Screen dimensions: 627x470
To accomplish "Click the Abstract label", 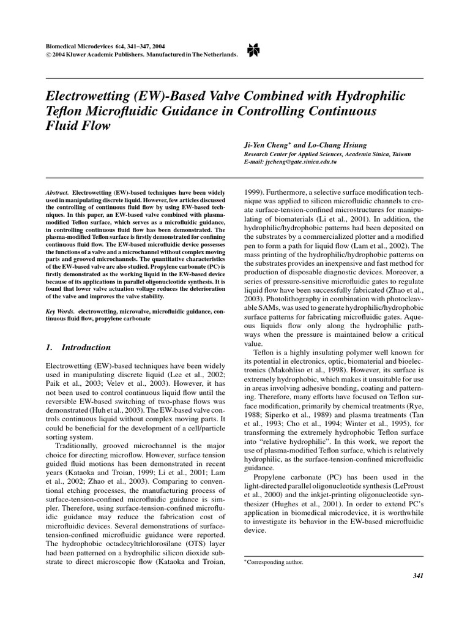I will tap(57, 192).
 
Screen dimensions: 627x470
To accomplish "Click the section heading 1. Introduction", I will tap(78, 347).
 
